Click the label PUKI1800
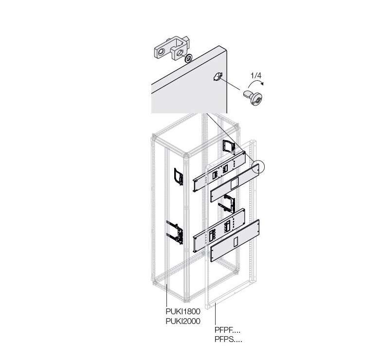coord(183,311)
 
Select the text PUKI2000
coord(183,322)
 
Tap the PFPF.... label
coord(227,330)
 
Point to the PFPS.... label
coord(228,340)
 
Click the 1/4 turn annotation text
coord(256,75)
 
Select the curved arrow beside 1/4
coord(256,82)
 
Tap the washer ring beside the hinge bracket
coord(188,58)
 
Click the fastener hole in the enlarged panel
coord(218,76)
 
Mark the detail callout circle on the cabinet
coord(258,167)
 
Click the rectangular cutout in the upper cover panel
coord(234,183)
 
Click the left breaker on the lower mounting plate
coord(213,236)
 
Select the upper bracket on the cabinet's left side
coord(179,177)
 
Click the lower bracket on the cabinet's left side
coord(175,233)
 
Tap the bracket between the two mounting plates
coord(227,204)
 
